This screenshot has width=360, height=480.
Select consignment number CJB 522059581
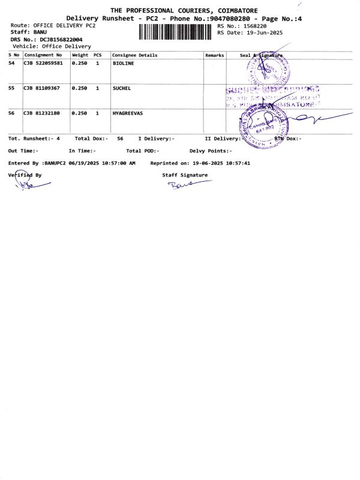(x=43, y=63)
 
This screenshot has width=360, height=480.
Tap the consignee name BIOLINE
(x=124, y=63)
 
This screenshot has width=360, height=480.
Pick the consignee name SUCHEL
(x=122, y=88)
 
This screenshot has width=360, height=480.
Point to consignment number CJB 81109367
(x=41, y=88)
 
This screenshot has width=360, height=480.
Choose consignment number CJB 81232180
(x=41, y=113)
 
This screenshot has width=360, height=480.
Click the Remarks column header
(x=214, y=55)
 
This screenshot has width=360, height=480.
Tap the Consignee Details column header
(x=135, y=55)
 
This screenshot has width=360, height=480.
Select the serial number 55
(x=11, y=88)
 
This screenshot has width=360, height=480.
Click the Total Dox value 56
(x=120, y=139)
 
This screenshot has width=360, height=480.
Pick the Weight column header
(x=80, y=55)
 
